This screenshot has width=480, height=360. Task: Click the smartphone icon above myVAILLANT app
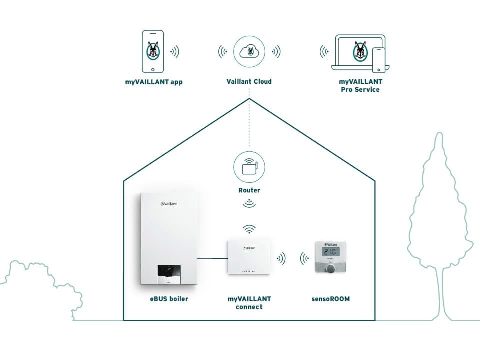click(153, 52)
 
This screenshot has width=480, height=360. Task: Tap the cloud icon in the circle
click(249, 51)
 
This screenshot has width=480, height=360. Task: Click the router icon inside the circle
click(249, 167)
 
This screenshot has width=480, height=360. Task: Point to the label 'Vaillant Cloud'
click(249, 81)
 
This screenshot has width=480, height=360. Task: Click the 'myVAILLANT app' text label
click(153, 81)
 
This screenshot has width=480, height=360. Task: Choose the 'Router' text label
click(249, 190)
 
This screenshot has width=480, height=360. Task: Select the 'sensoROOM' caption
click(330, 299)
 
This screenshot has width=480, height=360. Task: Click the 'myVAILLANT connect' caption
click(249, 303)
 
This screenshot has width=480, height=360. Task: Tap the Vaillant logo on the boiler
click(169, 203)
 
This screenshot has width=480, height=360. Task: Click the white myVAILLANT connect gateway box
click(249, 257)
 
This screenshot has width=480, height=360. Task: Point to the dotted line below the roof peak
click(249, 125)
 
